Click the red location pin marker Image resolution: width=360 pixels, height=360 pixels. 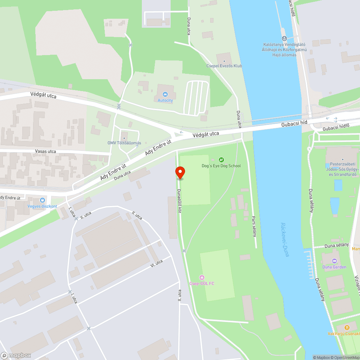(180, 172)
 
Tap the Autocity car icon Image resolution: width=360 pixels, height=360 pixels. (165, 94)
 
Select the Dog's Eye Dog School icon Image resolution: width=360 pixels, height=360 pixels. (221, 160)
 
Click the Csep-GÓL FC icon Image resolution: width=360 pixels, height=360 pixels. (202, 277)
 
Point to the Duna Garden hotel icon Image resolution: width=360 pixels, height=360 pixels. (334, 261)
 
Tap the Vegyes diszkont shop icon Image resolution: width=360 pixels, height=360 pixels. (42, 200)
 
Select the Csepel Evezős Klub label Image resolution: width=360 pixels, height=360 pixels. (224, 66)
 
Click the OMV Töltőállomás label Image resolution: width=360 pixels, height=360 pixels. (124, 143)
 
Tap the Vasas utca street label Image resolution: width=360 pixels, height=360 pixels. (46, 151)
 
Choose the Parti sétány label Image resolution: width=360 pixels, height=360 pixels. (254, 226)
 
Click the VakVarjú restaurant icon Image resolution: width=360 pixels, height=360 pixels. (347, 328)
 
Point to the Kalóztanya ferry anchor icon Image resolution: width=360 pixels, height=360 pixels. (284, 38)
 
